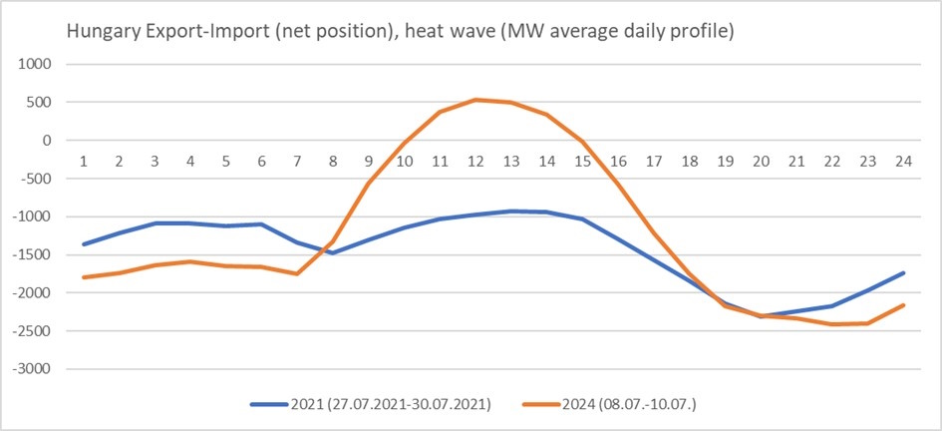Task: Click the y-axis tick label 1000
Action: click(x=36, y=64)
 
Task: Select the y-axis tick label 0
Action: click(x=46, y=141)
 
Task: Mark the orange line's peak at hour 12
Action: click(x=476, y=100)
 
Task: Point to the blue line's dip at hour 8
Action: click(x=333, y=253)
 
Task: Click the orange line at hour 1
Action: click(x=84, y=277)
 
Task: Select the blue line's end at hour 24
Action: click(x=903, y=272)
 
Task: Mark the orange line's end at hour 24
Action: click(x=903, y=305)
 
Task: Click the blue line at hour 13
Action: click(x=511, y=211)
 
